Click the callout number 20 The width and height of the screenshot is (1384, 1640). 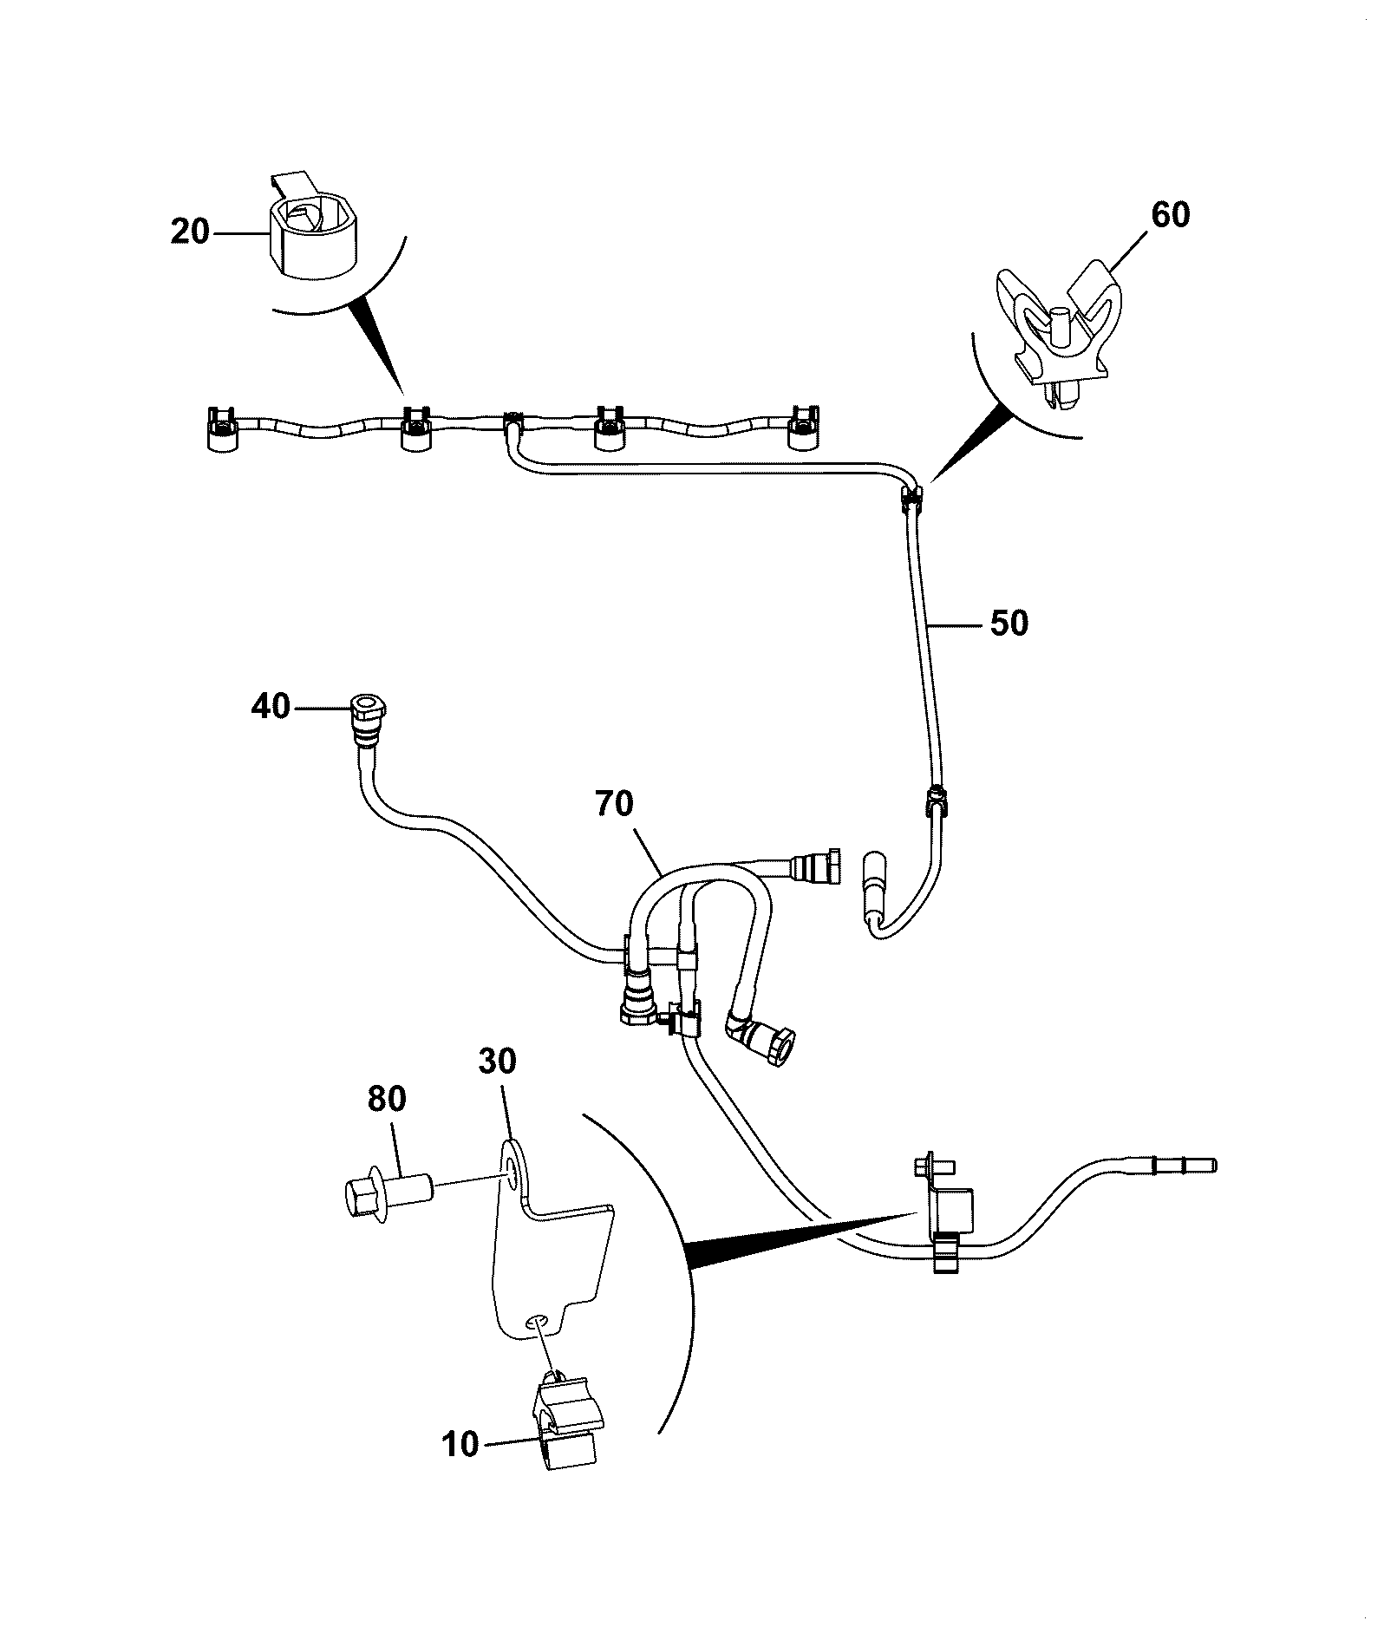click(190, 232)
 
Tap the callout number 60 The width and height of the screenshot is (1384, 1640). click(1170, 214)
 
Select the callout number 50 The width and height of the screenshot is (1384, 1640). click(1009, 623)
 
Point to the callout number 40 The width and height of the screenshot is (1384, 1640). click(271, 706)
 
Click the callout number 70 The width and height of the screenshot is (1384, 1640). click(615, 804)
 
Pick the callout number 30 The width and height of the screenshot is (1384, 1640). click(497, 1061)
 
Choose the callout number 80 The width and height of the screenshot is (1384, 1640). click(387, 1099)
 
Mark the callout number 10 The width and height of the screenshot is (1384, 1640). click(460, 1444)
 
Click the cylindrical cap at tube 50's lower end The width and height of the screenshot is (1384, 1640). click(875, 880)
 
